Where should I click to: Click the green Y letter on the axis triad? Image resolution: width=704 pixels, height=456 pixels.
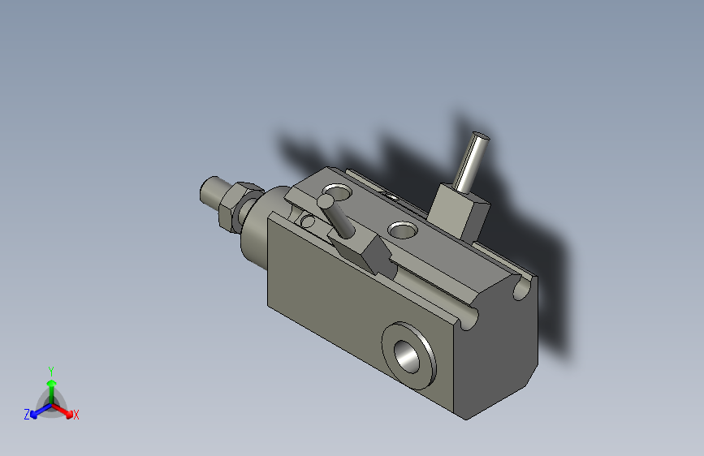click(50, 368)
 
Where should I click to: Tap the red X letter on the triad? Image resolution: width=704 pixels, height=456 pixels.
click(76, 415)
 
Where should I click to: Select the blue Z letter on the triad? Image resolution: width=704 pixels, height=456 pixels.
click(27, 414)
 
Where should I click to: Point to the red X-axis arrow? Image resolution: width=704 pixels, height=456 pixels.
click(65, 410)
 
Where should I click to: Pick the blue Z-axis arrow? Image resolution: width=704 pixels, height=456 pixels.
click(37, 411)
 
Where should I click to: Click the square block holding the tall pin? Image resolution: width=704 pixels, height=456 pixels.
click(458, 209)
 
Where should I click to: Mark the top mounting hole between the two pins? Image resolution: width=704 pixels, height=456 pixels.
click(401, 230)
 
